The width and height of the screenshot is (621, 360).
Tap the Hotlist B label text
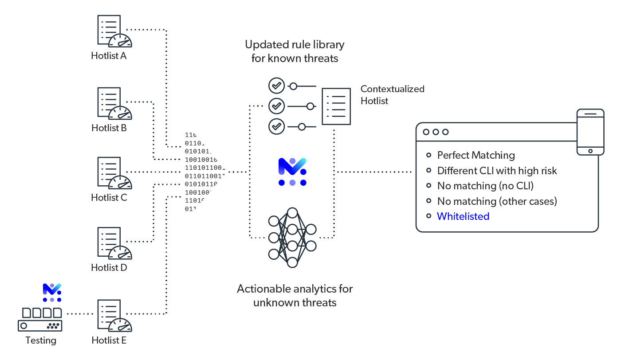pos(109,128)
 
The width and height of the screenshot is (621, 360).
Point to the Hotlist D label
pos(109,268)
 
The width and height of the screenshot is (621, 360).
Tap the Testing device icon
pos(40,319)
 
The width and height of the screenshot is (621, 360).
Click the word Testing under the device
pos(41,340)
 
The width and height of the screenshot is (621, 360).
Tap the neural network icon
pos(292,237)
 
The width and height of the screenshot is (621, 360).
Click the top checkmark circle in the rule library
pos(277,85)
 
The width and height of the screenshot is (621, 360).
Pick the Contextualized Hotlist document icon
pos(336,106)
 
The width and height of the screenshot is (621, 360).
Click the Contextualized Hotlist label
pos(392,95)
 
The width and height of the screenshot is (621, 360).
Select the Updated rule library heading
pos(295,51)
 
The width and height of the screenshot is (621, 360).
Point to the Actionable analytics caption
pos(295,296)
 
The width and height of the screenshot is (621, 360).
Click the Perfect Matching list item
pos(476,155)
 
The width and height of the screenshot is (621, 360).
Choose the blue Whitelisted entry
pos(463,216)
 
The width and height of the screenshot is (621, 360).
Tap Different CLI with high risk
pos(497,171)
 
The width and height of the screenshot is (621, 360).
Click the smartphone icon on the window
pos(590,132)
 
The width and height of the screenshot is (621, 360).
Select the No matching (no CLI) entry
pos(485,186)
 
